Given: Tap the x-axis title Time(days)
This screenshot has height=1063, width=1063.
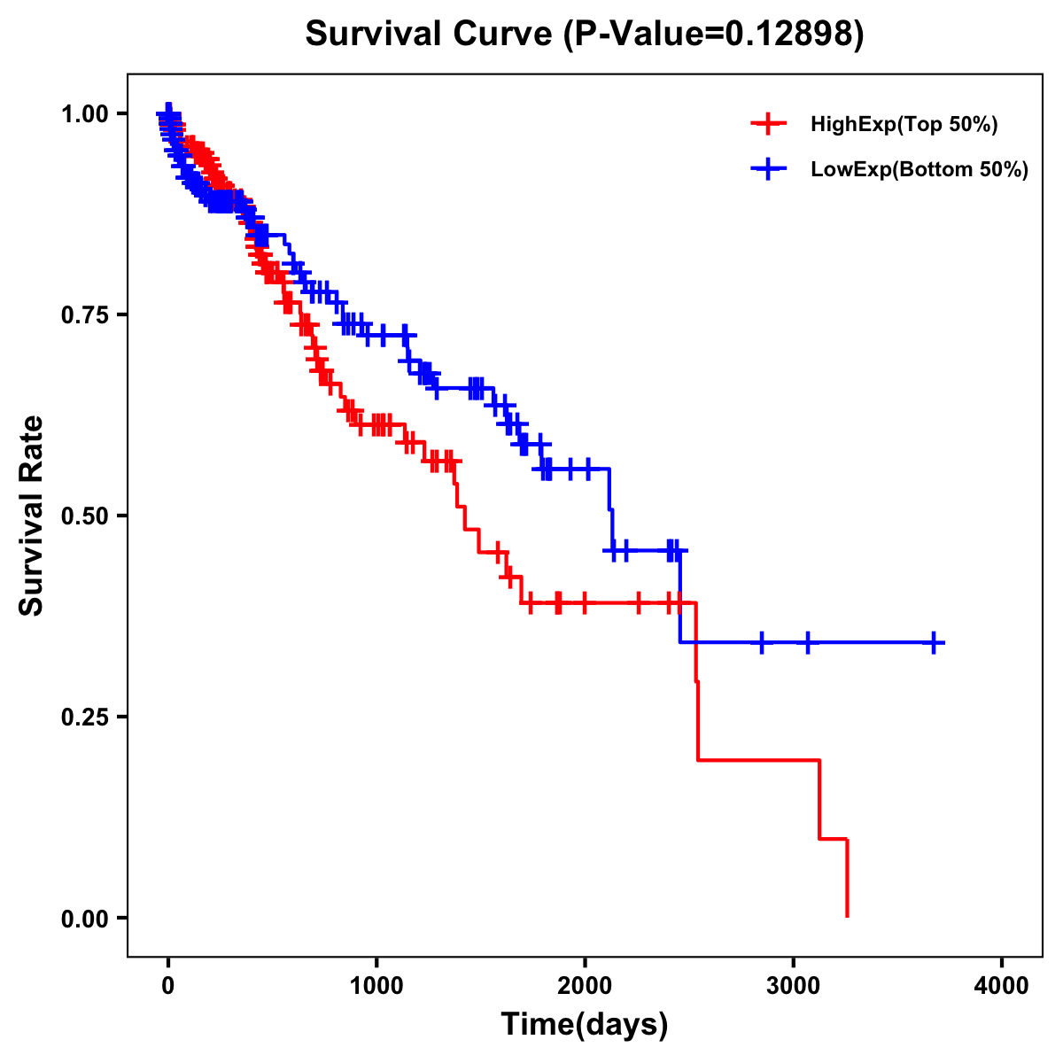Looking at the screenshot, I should (x=584, y=1024).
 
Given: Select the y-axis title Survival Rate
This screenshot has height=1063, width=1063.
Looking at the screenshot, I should (x=32, y=516).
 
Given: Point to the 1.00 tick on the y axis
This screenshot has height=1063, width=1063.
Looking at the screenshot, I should (x=85, y=114).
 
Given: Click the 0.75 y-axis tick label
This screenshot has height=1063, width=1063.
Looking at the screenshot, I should (x=85, y=315).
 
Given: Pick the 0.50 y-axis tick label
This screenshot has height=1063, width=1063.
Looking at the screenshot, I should (x=85, y=516).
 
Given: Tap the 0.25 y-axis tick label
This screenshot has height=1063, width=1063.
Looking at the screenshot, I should (x=85, y=718).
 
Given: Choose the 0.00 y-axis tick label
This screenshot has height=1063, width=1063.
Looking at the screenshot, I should (x=85, y=919).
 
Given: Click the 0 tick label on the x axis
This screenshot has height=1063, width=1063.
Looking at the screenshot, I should (x=168, y=986).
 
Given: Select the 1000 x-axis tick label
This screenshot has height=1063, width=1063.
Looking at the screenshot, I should (x=376, y=986).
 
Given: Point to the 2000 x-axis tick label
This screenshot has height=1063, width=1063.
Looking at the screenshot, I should (x=585, y=986).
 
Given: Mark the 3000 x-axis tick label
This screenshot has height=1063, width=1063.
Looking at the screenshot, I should (x=793, y=986).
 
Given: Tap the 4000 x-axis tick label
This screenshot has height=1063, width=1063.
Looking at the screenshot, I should (x=1002, y=986).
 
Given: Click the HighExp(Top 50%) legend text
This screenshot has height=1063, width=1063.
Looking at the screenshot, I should (x=904, y=125).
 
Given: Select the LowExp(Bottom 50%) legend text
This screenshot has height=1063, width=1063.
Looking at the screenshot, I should (x=919, y=170).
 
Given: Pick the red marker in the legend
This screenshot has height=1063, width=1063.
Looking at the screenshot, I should (x=768, y=124).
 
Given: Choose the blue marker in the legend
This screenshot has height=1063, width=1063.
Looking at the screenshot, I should (x=768, y=169).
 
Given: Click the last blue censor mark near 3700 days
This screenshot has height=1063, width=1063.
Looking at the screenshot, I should (x=934, y=642).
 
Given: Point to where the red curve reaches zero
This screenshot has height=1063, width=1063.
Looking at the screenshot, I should (x=848, y=916).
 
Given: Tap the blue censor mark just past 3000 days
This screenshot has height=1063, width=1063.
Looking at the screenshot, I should (x=807, y=642).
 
